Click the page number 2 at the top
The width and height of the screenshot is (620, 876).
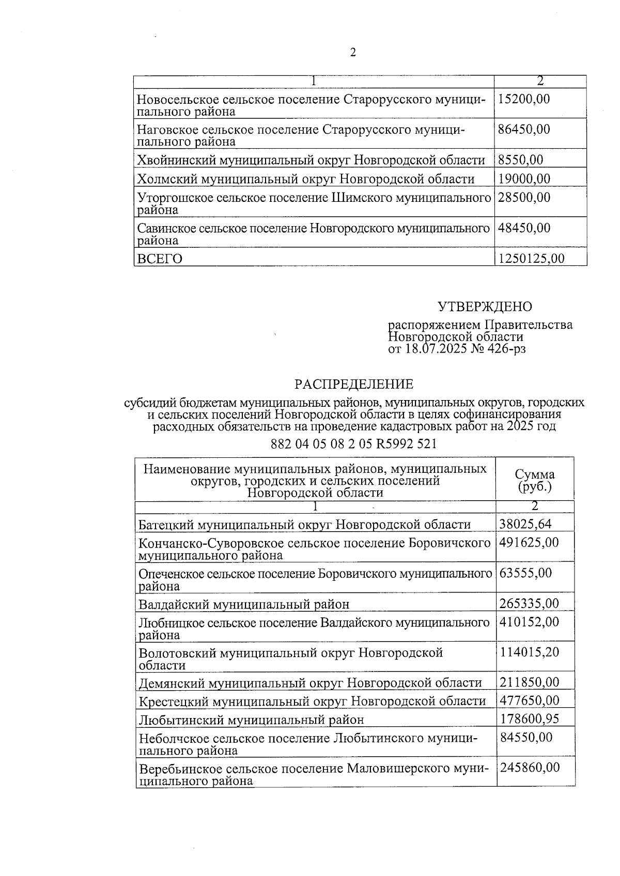click(353, 53)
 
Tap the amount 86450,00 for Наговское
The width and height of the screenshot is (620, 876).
click(524, 129)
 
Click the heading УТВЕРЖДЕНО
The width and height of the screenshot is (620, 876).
click(485, 307)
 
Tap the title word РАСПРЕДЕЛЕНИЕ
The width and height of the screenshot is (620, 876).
click(354, 385)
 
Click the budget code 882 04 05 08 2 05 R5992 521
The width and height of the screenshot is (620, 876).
click(354, 444)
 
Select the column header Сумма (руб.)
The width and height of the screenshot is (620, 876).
click(535, 481)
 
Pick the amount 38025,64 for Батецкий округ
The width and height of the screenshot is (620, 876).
click(525, 524)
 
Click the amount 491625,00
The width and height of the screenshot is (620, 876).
click(529, 543)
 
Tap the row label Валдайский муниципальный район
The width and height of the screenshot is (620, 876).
click(244, 604)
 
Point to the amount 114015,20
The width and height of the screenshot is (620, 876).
click(529, 652)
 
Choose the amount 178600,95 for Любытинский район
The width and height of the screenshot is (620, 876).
click(529, 719)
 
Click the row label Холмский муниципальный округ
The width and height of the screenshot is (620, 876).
click(305, 180)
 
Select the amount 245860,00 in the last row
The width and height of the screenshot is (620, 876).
click(529, 768)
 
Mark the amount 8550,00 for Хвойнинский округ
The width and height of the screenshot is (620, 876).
click(521, 161)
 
